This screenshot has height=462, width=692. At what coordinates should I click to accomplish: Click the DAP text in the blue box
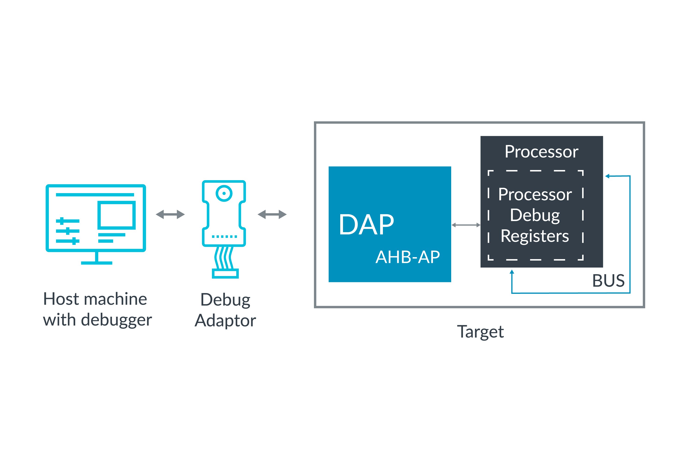coord(366,225)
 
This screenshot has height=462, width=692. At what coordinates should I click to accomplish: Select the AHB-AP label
coord(408,257)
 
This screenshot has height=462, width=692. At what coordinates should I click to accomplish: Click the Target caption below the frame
coord(480,332)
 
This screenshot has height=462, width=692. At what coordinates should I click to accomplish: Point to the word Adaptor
coord(225,321)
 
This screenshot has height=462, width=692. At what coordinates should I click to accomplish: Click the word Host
coord(61,299)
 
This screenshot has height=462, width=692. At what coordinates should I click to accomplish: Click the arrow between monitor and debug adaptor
coord(170,214)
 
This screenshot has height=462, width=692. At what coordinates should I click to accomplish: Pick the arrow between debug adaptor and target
coord(272,214)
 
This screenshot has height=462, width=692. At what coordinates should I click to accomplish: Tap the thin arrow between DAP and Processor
coord(466,225)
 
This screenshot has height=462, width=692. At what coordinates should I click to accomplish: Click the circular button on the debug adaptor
coord(224,193)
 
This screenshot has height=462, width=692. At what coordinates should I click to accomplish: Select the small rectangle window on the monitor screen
coord(116,215)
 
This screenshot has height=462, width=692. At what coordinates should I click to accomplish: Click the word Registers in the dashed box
coord(535,236)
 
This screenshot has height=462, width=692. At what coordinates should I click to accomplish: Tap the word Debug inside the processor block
coord(535,215)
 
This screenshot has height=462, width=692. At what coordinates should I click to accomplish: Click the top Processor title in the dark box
coord(541,152)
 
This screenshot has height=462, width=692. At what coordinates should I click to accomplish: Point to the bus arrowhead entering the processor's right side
coord(607,176)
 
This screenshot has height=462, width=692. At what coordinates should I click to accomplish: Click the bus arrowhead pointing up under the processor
coord(512,272)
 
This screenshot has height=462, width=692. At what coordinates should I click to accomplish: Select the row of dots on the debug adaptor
coord(224,237)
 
